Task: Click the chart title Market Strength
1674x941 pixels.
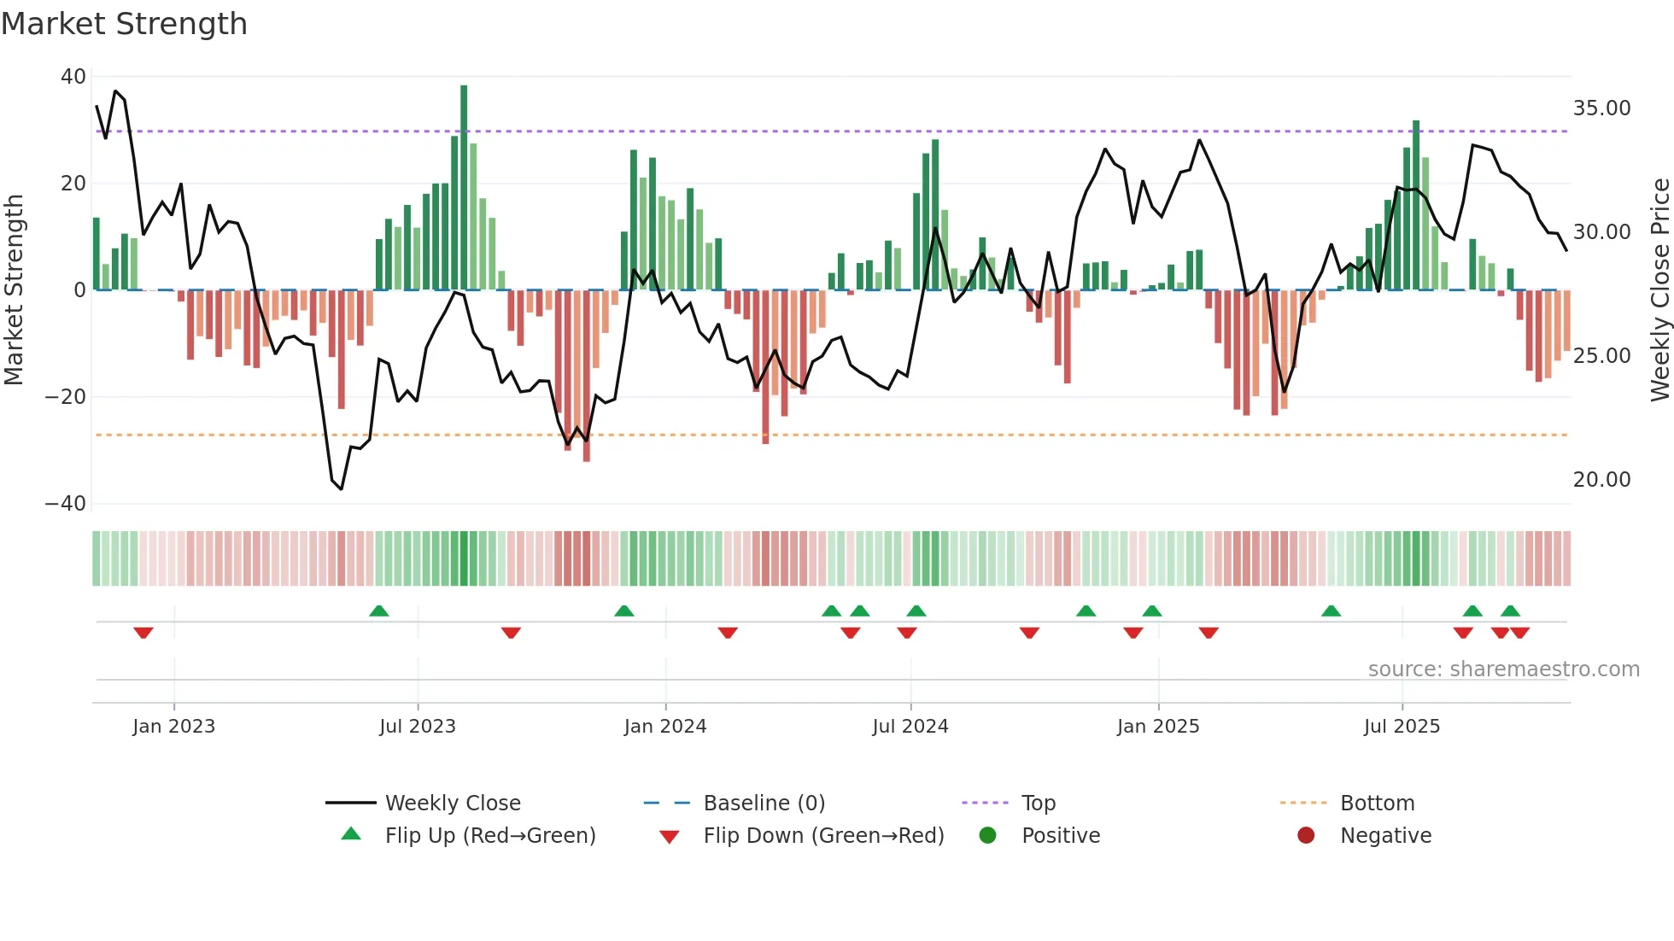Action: (x=124, y=24)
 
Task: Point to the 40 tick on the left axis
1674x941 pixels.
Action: (x=73, y=77)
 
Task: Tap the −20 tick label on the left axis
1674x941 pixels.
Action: (x=66, y=397)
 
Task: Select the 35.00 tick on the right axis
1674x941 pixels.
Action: (x=1601, y=108)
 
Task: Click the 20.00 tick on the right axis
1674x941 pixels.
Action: (x=1601, y=480)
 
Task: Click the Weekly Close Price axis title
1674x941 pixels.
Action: (x=1659, y=290)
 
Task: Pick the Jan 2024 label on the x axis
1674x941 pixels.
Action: (x=665, y=727)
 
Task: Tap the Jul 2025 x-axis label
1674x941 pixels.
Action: (x=1402, y=727)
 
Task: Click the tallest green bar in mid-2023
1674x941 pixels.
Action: (x=464, y=188)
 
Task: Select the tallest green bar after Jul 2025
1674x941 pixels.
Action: (x=1416, y=205)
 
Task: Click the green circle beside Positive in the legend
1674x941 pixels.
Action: (x=988, y=836)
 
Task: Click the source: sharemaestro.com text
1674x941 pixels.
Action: (x=1503, y=669)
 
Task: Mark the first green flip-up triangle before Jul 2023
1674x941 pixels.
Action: (x=379, y=611)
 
